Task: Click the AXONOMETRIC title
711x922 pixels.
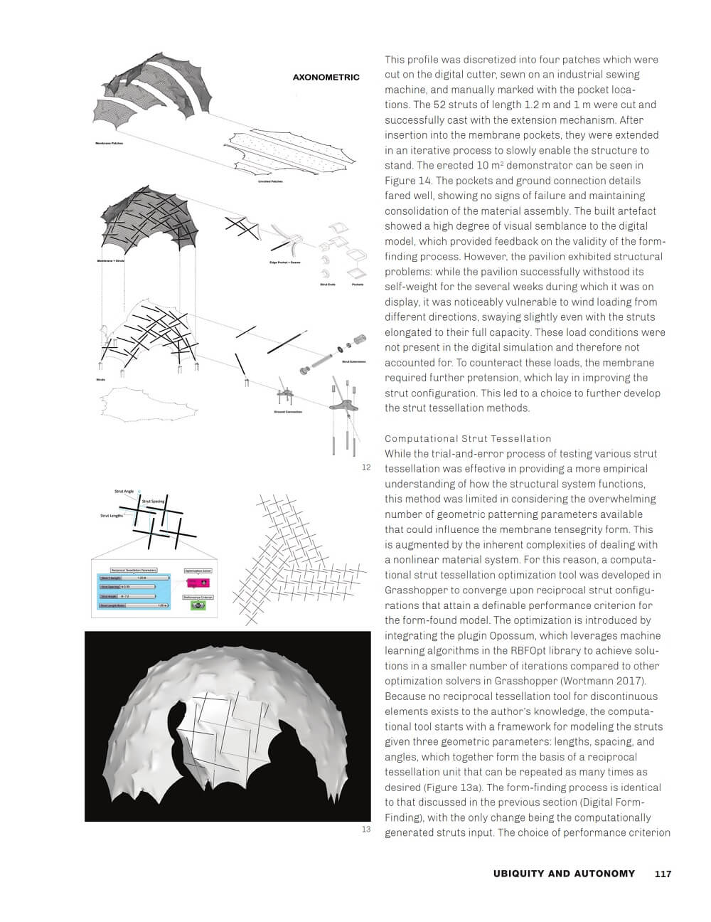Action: tap(326, 77)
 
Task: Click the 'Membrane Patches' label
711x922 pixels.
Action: tap(110, 144)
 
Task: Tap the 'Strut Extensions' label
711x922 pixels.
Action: tap(353, 361)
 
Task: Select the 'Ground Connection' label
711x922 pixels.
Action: tap(288, 411)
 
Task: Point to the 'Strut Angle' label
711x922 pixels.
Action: tap(124, 491)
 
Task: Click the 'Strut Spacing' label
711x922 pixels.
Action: tap(153, 501)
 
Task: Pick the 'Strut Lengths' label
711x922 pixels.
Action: tap(111, 515)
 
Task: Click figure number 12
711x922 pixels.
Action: tap(366, 467)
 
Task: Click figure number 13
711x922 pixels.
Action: tap(366, 829)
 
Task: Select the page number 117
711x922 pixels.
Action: tap(662, 874)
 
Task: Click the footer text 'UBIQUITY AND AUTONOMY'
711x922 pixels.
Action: tap(564, 874)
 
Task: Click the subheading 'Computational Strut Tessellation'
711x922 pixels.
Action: tap(468, 438)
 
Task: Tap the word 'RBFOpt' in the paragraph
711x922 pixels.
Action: tap(546, 650)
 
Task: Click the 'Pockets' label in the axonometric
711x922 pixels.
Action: tap(358, 285)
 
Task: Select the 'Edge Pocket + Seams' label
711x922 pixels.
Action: tap(284, 263)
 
